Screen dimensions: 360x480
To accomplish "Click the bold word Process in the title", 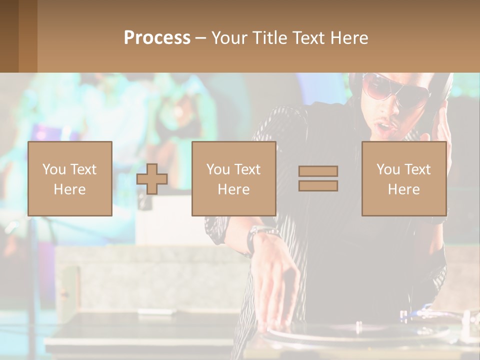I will [x=157, y=38].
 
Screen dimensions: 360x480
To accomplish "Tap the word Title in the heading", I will [x=271, y=38].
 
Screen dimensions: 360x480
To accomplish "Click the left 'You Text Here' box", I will [x=70, y=178].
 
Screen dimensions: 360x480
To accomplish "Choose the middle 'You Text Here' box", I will [x=234, y=178].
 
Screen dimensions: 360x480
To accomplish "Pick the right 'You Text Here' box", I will [x=404, y=178].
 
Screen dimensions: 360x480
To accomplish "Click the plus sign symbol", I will [x=152, y=179].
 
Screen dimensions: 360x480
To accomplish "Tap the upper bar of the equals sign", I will [x=318, y=171].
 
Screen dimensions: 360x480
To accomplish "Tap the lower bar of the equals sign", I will [x=318, y=186].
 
